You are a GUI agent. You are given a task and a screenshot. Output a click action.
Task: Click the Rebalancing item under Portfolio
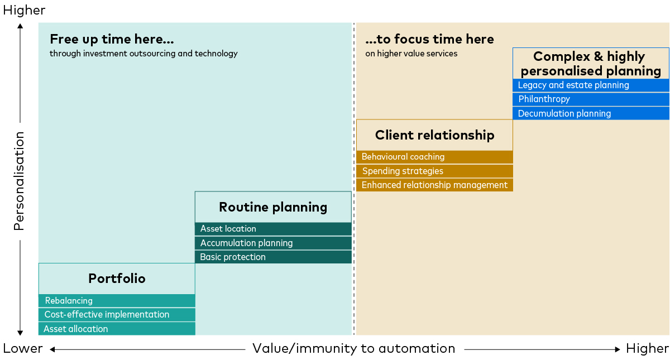coord(117,301)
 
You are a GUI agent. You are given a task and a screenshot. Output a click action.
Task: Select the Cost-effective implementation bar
coord(117,315)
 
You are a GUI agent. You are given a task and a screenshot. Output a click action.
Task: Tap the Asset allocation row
coord(117,329)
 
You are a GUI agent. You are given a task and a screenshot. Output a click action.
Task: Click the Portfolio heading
coord(117,279)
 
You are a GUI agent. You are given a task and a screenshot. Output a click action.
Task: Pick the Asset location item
coord(273,229)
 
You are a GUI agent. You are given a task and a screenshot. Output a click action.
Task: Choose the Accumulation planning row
coord(273,243)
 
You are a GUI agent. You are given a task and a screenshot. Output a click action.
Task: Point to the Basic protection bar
coord(273,257)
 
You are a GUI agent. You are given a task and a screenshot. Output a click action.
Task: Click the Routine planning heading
coord(273,207)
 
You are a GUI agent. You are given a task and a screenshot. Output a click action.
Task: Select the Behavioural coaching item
coord(434,157)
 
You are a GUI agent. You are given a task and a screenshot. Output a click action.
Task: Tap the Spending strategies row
coord(434,171)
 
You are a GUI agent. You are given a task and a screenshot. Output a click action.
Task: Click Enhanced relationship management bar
coord(434,185)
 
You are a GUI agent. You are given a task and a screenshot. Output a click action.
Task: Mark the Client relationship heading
coord(434,135)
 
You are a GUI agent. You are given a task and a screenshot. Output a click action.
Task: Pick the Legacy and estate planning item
coord(591,85)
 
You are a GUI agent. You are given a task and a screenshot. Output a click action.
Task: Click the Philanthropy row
coord(591,99)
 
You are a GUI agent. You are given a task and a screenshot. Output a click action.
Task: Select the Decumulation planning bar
coord(591,114)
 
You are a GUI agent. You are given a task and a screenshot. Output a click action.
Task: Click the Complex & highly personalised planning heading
coord(591,64)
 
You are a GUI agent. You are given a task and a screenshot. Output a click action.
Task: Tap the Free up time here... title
coord(112,39)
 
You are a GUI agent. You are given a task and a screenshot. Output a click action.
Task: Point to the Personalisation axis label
coord(20,181)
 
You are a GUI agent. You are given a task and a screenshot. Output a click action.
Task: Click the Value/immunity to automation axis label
coord(353,349)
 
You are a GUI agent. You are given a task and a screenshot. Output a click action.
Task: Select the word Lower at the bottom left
coord(23,349)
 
